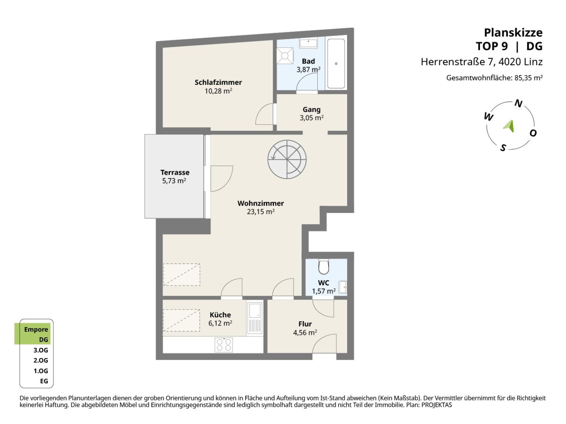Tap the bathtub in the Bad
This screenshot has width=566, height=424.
[x=336, y=64]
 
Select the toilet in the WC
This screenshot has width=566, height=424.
[x=323, y=267]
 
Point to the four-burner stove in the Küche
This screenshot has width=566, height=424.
[x=224, y=345]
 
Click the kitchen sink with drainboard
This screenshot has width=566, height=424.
[x=255, y=318]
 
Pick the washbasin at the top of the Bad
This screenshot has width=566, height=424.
[x=308, y=43]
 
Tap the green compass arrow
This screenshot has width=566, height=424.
[x=509, y=126]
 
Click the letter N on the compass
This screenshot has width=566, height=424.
[x=518, y=104]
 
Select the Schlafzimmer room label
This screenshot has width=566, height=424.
[x=218, y=82]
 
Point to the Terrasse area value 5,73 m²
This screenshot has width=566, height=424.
[x=174, y=181]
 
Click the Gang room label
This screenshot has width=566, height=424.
[x=311, y=110]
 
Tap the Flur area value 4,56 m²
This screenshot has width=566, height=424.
[x=305, y=333]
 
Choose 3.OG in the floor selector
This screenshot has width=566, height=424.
[x=41, y=350]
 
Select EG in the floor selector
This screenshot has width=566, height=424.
[x=44, y=381]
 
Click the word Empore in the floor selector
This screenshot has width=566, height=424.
[x=36, y=329]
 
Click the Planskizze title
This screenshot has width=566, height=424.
[x=513, y=33]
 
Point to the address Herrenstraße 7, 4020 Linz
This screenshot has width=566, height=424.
[x=481, y=62]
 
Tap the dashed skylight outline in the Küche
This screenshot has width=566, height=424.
[x=182, y=320]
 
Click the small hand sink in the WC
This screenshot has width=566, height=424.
[x=343, y=287]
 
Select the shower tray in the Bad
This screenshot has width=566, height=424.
[x=285, y=56]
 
